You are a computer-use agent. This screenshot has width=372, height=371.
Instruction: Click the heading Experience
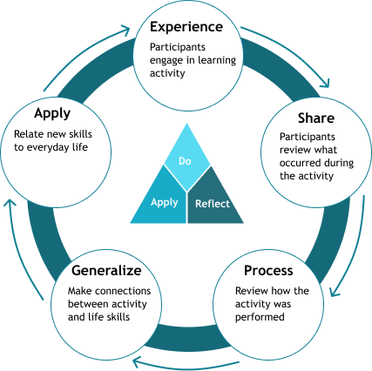tap(186, 27)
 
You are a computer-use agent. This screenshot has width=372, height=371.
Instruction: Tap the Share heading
tap(316, 118)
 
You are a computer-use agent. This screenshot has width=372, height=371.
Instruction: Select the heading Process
tap(268, 271)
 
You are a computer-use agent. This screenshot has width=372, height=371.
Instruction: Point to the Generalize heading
tap(106, 271)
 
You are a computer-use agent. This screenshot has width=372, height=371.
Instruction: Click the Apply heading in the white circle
tap(52, 113)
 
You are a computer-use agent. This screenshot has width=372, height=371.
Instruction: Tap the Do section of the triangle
tap(187, 159)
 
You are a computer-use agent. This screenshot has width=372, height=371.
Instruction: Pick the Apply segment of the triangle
tap(162, 200)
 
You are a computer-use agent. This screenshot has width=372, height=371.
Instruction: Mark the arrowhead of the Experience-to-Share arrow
tap(326, 83)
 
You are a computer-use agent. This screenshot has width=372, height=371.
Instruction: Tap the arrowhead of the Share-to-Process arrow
tap(334, 292)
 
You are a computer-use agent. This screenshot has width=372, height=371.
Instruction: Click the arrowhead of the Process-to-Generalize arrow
tap(137, 361)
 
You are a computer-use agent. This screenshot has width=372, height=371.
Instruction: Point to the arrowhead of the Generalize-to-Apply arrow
tap(10, 203)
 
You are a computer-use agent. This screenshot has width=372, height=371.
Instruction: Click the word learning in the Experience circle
tap(217, 61)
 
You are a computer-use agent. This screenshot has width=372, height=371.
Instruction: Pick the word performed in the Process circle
tap(260, 317)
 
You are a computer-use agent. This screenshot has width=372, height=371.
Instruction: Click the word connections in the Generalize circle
tap(123, 291)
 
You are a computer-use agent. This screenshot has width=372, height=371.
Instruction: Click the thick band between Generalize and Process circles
tap(187, 336)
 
